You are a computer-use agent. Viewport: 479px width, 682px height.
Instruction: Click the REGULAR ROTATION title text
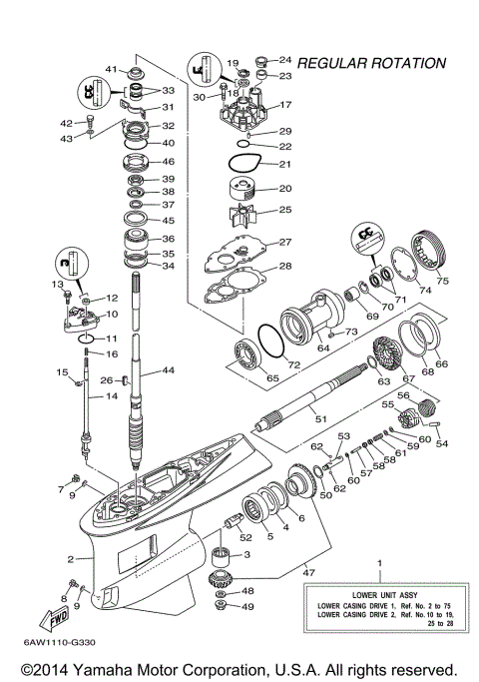(x=372, y=64)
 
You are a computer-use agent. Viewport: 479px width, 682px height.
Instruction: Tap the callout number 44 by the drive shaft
(x=168, y=370)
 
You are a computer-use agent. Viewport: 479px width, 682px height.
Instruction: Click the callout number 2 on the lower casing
(x=71, y=559)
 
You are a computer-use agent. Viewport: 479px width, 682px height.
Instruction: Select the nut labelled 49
(x=222, y=607)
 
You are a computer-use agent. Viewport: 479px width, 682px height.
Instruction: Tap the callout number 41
(x=113, y=70)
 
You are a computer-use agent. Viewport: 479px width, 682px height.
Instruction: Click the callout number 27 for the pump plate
(x=284, y=243)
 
